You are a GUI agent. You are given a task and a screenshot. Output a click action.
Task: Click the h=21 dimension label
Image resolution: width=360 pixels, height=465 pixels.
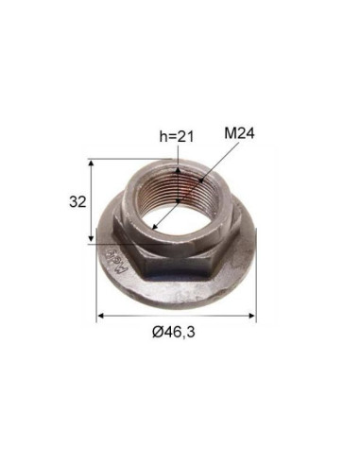(x=175, y=139)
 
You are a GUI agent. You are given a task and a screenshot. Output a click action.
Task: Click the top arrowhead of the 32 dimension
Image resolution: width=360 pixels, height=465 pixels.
(x=91, y=164)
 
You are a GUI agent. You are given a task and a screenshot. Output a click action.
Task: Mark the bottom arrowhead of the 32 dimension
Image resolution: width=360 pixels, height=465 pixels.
(x=91, y=241)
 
